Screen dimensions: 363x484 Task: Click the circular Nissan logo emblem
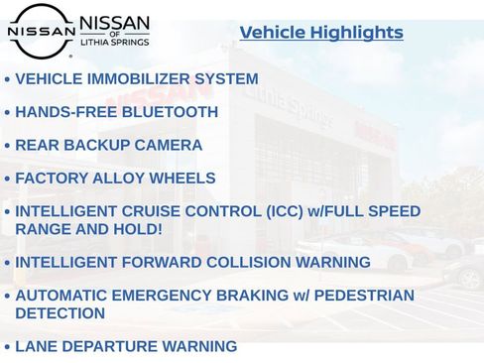point(41,31)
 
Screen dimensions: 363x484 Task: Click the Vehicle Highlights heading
point(321,33)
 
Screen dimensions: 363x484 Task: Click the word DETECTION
point(60,313)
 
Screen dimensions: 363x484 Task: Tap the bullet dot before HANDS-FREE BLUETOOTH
point(8,113)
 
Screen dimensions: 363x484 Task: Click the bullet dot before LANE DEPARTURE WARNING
point(8,348)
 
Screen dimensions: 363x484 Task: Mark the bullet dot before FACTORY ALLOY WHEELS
point(8,181)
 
